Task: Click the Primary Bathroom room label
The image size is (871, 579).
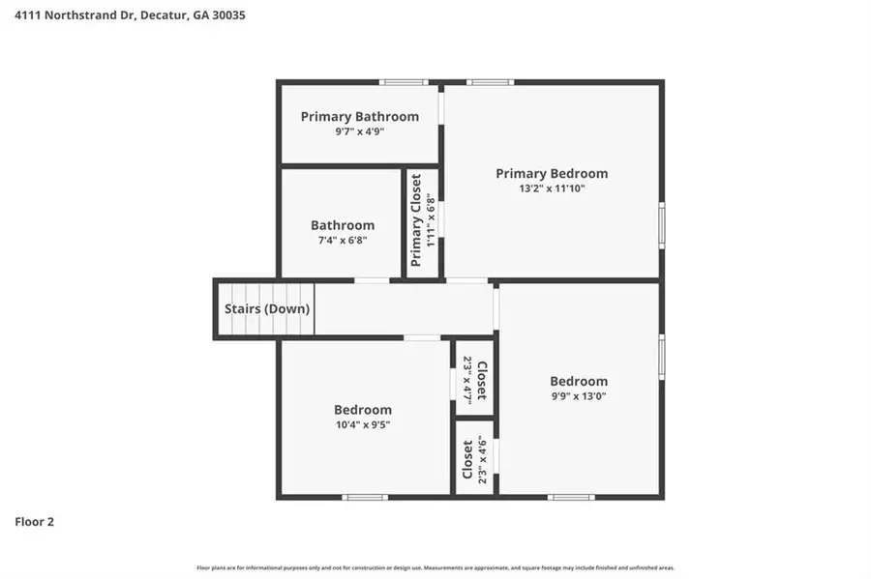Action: click(x=359, y=117)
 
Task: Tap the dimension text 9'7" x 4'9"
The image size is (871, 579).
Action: click(x=359, y=132)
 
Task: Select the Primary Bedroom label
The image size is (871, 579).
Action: click(x=552, y=174)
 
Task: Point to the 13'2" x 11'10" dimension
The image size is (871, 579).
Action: click(x=552, y=189)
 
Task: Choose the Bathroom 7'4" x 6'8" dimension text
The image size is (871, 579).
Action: click(x=342, y=241)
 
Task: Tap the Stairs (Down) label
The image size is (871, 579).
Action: click(x=267, y=309)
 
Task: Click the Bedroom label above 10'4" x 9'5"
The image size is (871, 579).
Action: click(x=363, y=410)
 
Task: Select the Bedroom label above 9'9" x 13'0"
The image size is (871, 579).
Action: click(x=579, y=381)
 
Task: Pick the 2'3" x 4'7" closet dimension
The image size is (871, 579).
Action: click(x=467, y=380)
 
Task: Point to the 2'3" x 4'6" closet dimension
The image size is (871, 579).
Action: click(x=482, y=460)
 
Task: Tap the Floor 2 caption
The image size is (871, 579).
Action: click(x=34, y=522)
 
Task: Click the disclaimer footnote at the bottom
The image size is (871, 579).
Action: click(x=435, y=567)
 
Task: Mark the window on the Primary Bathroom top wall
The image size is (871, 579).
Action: click(x=404, y=82)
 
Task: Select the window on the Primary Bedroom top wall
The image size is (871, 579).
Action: click(x=490, y=82)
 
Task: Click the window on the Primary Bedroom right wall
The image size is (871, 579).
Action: click(x=662, y=225)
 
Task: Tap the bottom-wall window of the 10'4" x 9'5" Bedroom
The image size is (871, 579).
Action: click(x=365, y=497)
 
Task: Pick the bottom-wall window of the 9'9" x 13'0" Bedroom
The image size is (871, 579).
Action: click(x=571, y=497)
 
